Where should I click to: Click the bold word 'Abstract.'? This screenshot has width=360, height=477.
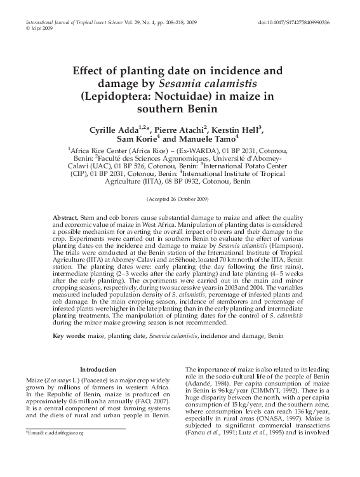[x=65, y=217]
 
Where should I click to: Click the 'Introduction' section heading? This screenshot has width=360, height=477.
[x=98, y=369]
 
